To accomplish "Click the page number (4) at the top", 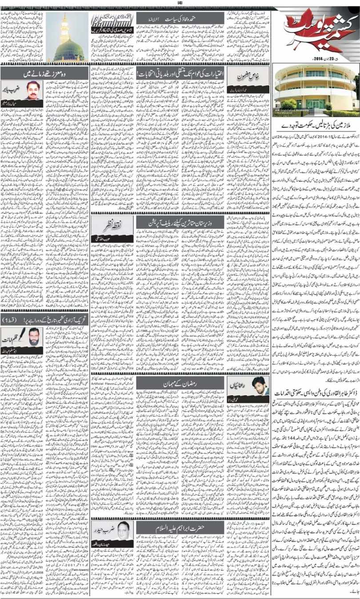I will tap(180, 3).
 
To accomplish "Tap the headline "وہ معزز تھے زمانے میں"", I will tap(40, 72).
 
